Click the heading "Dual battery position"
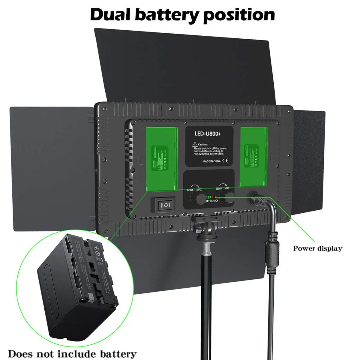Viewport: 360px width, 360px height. pos(182,14)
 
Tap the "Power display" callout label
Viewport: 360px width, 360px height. pos(317,248)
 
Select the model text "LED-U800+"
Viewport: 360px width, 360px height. pos(208,134)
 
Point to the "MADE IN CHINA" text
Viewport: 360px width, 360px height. pos(211,161)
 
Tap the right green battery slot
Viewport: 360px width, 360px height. pos(254,157)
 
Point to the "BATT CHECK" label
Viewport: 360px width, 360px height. pos(212,201)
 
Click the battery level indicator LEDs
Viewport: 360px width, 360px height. pos(211,197)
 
